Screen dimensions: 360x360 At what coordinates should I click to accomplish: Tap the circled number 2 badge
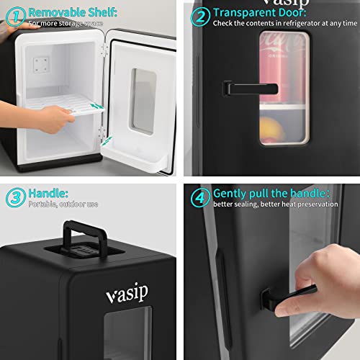202,16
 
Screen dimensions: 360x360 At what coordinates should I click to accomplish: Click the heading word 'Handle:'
49,193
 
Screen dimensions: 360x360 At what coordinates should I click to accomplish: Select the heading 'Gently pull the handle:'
272,192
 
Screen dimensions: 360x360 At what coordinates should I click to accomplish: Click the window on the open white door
143,101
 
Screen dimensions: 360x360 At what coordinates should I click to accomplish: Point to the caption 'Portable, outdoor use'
63,204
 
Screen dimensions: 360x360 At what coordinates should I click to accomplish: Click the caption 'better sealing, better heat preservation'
276,204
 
